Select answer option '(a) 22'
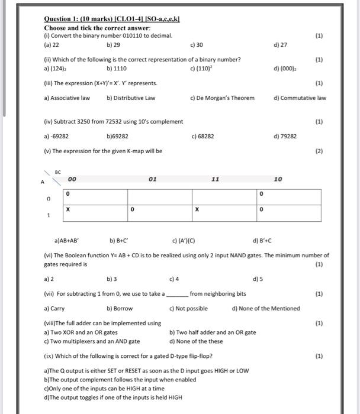(x=52, y=45)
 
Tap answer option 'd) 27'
(x=280, y=45)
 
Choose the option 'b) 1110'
(x=117, y=69)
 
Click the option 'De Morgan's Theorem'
(x=223, y=98)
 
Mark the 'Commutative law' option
(x=303, y=98)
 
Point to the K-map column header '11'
(x=216, y=178)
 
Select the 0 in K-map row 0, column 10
(x=261, y=194)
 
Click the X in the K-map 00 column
(x=68, y=209)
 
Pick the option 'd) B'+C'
(x=262, y=241)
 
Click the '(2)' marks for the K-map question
(x=319, y=151)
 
